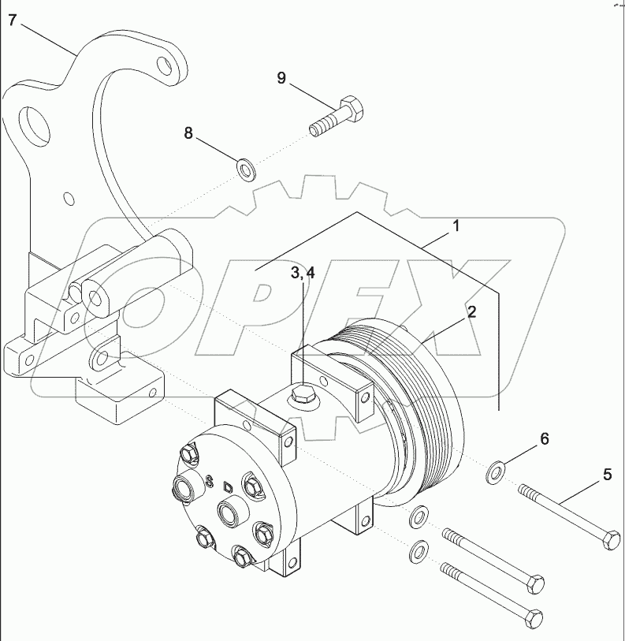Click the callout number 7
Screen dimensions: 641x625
[12, 20]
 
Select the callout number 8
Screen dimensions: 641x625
[188, 133]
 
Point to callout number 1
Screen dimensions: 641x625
[456, 226]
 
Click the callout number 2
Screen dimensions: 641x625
[471, 311]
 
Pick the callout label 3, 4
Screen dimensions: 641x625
[303, 273]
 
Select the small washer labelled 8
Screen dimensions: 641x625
[246, 168]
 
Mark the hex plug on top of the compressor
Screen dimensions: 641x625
[303, 394]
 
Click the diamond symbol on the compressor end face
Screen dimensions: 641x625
[228, 486]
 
